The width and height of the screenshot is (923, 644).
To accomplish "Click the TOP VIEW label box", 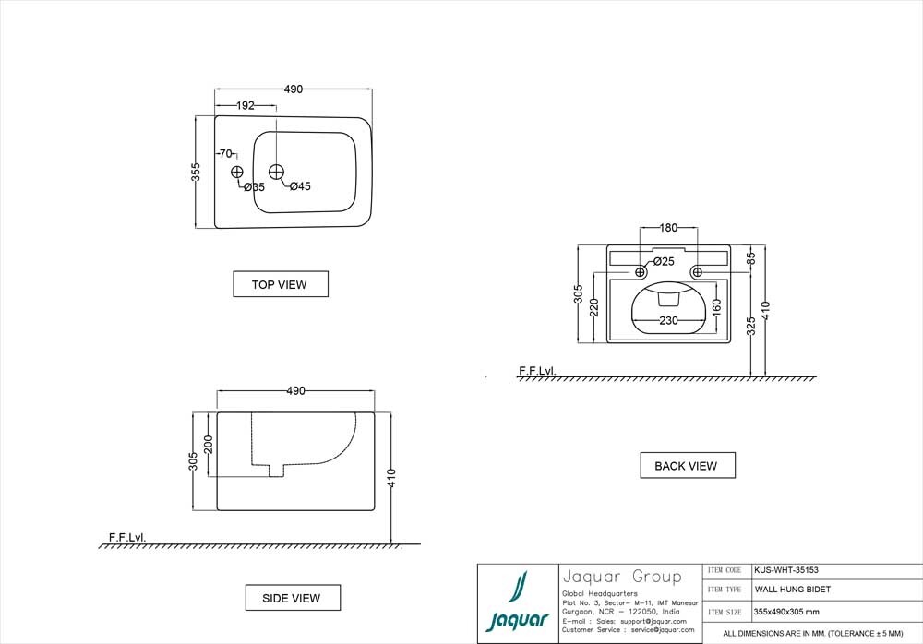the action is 281,284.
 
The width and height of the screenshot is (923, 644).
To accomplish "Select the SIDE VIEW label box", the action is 293,598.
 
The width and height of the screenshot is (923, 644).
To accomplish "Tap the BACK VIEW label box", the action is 688,466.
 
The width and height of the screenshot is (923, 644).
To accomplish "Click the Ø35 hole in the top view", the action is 236,172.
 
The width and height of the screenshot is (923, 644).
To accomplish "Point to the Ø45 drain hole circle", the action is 276,172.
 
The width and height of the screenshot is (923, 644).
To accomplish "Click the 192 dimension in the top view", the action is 245,106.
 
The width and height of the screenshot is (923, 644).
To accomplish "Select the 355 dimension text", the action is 196,172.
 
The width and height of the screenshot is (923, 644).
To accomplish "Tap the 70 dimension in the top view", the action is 225,154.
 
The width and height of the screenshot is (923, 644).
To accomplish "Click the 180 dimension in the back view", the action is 668,227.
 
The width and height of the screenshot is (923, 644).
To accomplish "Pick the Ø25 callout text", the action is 664,261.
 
